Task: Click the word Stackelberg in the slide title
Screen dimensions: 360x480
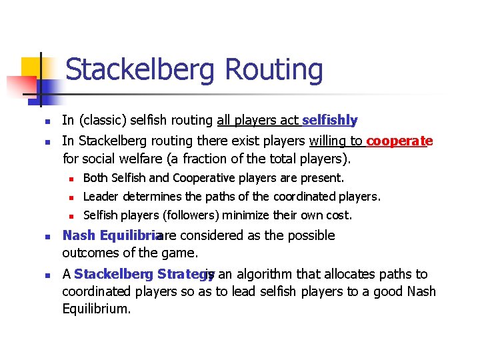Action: point(141,70)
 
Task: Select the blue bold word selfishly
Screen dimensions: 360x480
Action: point(329,121)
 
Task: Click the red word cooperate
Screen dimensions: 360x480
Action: point(399,141)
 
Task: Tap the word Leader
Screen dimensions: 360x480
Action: point(99,197)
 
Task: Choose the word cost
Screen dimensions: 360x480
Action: point(338,215)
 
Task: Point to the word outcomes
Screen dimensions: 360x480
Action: point(88,254)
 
